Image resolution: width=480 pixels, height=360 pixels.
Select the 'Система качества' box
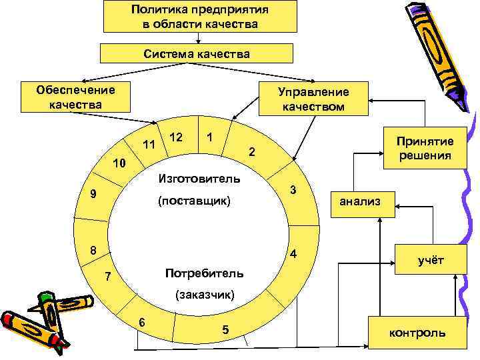(196, 54)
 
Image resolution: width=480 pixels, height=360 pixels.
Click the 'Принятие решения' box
(425, 148)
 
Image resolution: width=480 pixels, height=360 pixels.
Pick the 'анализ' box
(359, 200)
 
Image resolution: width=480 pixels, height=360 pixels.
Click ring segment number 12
(177, 137)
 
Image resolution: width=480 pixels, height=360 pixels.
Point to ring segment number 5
(225, 329)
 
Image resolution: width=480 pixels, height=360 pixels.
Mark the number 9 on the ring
(95, 195)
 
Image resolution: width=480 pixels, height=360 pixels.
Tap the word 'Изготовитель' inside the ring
(199, 178)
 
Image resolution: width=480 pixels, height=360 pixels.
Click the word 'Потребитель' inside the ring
(203, 273)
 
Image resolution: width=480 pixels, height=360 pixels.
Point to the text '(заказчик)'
(203, 294)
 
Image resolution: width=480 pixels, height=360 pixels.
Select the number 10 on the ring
(118, 163)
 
